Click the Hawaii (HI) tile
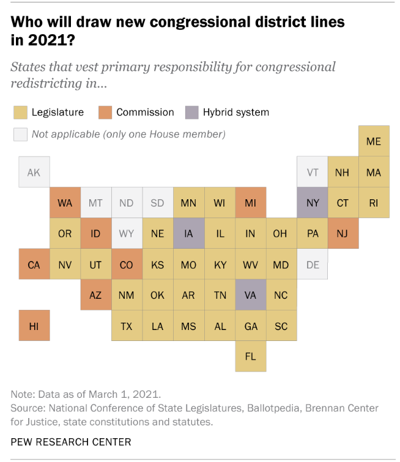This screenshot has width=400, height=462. click(x=34, y=326)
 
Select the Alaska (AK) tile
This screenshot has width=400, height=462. click(x=34, y=172)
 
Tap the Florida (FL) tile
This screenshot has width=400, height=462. click(x=250, y=356)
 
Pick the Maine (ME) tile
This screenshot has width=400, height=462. click(x=374, y=141)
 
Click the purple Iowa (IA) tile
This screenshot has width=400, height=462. click(x=188, y=233)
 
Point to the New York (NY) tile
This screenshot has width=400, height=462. click(x=313, y=202)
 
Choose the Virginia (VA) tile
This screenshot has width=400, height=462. click(x=250, y=295)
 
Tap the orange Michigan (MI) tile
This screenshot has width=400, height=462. click(x=250, y=202)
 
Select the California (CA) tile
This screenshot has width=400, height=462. click(x=34, y=265)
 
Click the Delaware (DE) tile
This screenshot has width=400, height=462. click(x=313, y=265)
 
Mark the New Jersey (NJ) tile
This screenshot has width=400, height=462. click(x=343, y=233)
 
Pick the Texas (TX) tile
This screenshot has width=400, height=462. click(x=127, y=326)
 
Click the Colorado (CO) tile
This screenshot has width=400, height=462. click(x=127, y=265)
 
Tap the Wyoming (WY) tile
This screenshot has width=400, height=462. click(x=127, y=233)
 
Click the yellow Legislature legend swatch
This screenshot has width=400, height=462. click(x=21, y=112)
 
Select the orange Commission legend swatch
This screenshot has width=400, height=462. click(x=106, y=112)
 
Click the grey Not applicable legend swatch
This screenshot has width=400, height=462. click(x=21, y=134)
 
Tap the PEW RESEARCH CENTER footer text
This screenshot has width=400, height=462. click(x=71, y=441)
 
